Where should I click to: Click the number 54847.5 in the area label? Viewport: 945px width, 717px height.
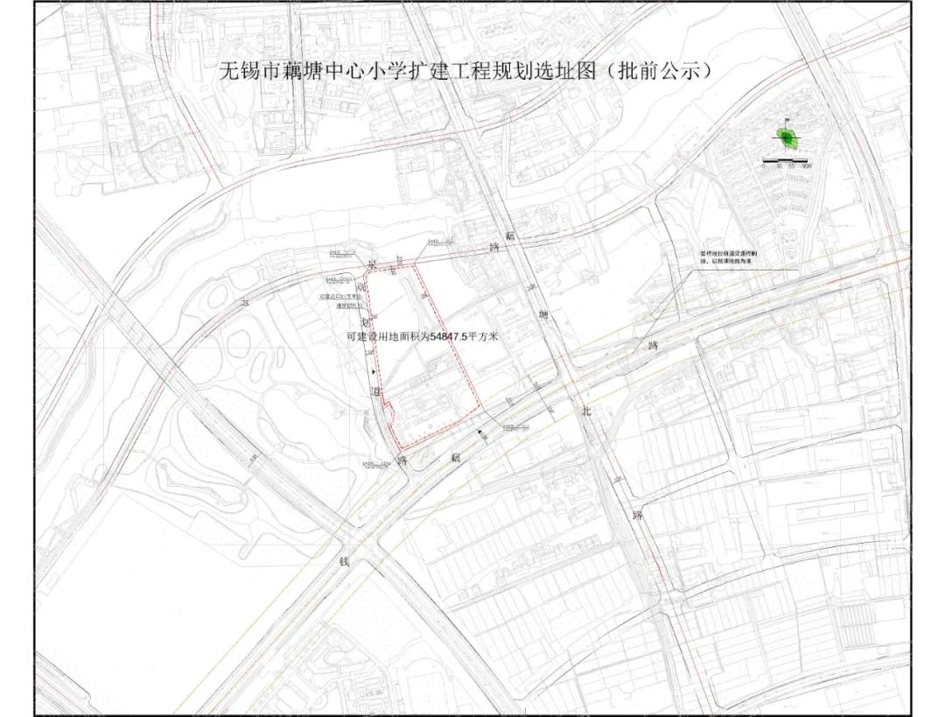(451, 335)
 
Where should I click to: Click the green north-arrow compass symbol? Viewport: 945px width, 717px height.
(787, 137)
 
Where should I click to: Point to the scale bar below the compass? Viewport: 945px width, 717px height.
(787, 161)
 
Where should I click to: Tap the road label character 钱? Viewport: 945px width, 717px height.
(344, 561)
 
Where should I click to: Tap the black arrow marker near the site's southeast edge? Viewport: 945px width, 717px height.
(479, 432)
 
